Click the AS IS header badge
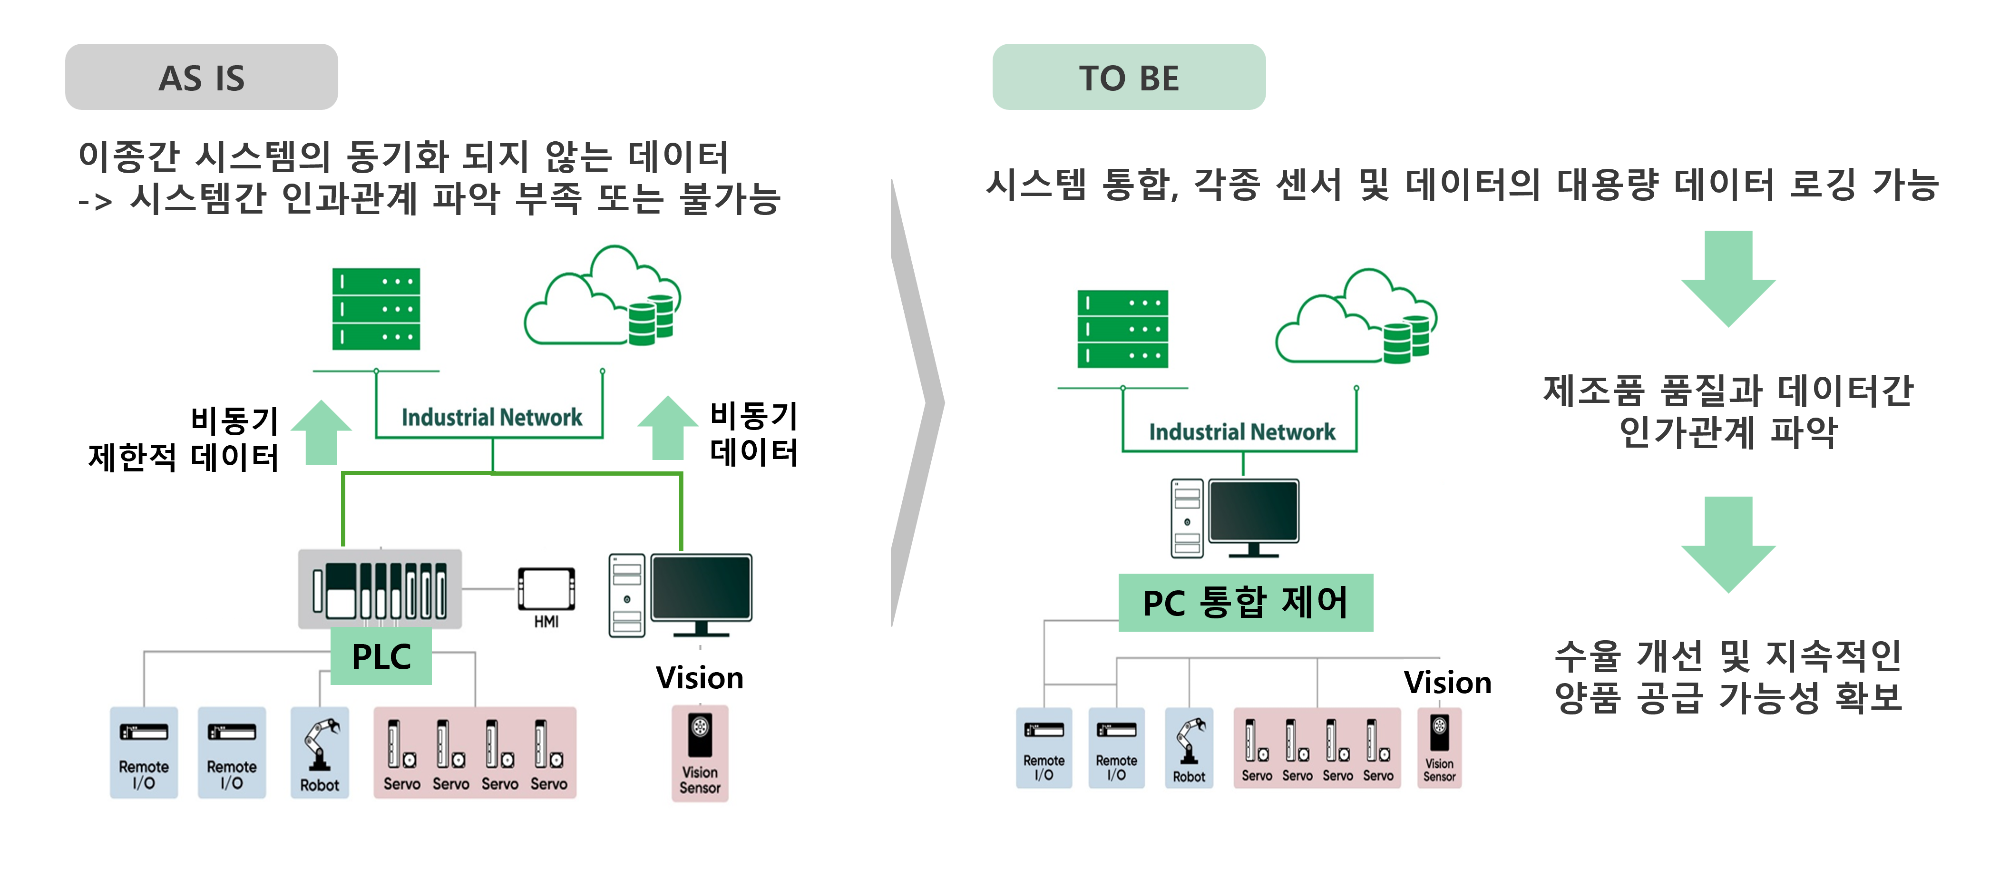coord(202,77)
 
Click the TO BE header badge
coord(1129,77)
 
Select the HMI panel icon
coord(546,589)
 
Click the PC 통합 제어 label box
coord(1245,603)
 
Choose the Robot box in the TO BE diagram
coord(1189,748)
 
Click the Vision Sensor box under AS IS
coord(700,753)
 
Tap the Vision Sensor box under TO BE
coord(1439,748)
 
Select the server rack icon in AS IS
coord(376,309)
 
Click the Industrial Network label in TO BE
coord(1241,432)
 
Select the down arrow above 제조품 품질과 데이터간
coord(1728,278)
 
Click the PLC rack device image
coord(380,589)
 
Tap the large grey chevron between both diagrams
coord(918,402)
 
